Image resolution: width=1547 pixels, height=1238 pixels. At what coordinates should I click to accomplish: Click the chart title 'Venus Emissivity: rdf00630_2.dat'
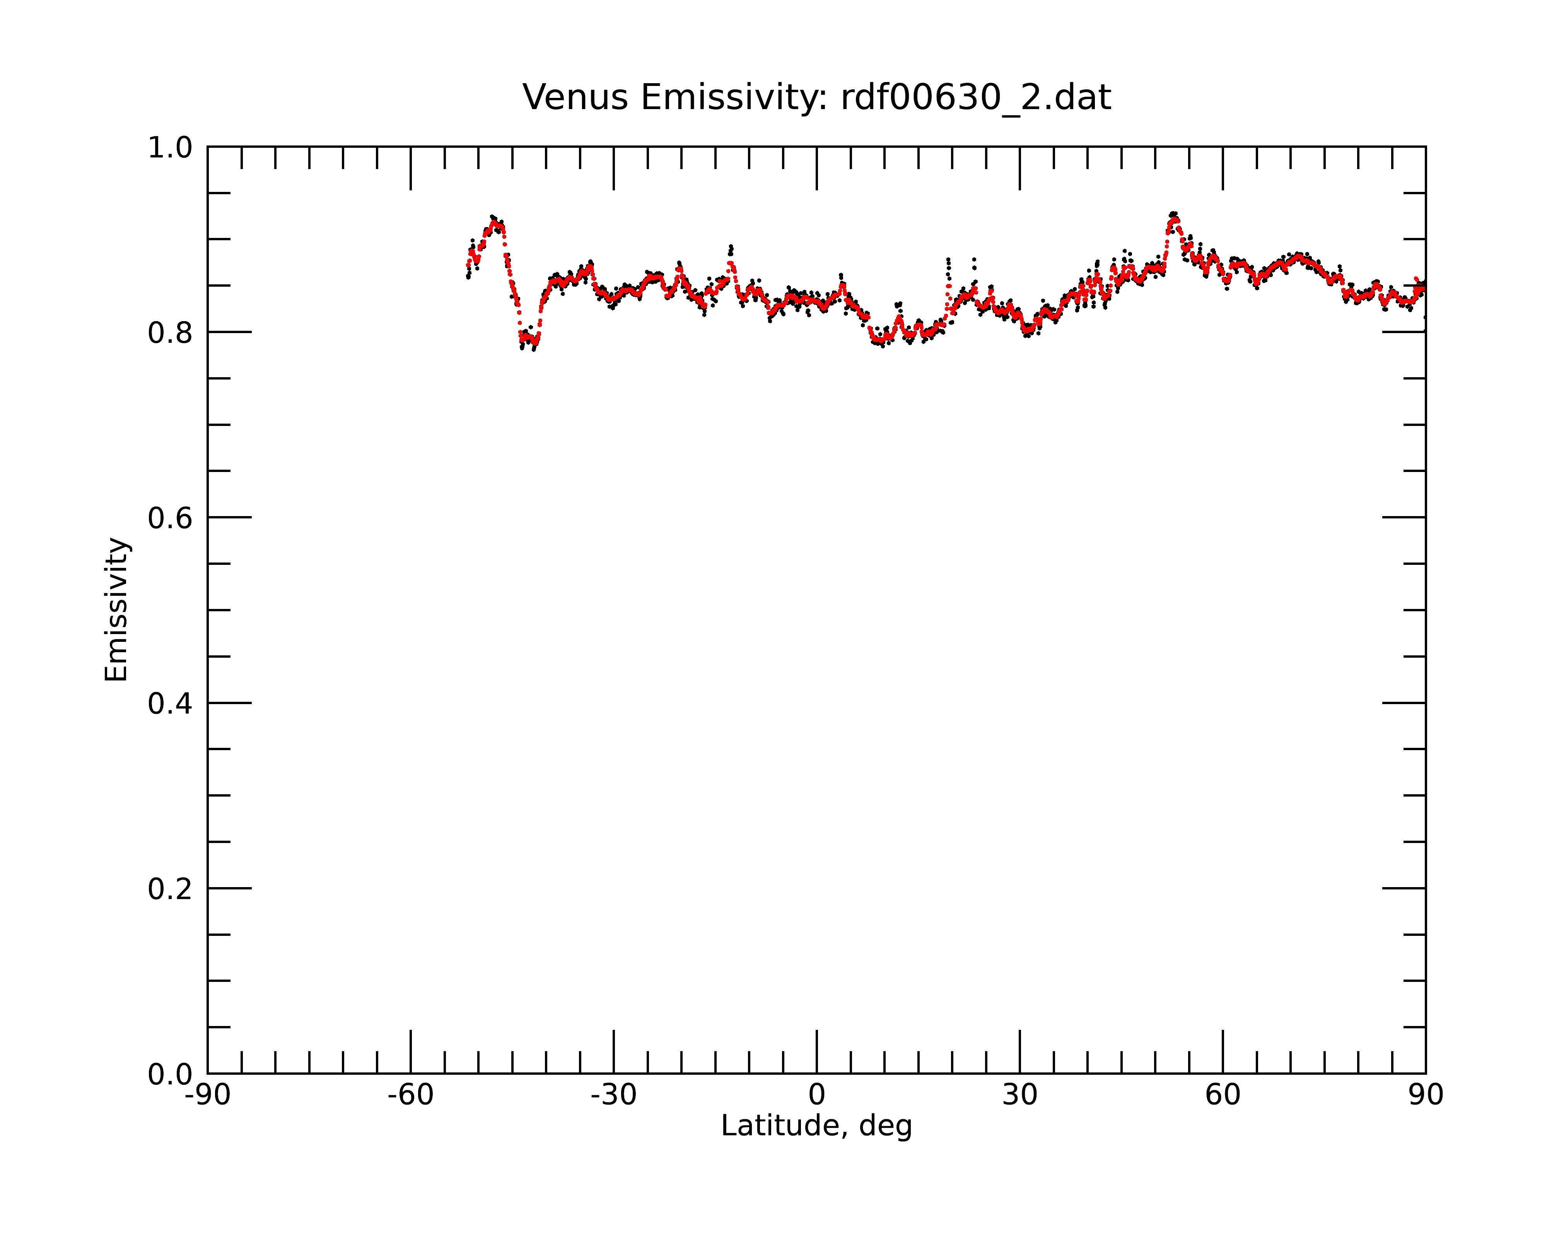816,97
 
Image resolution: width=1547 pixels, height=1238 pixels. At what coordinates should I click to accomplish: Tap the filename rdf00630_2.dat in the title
976,97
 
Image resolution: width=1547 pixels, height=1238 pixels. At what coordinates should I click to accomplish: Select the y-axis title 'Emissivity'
116,609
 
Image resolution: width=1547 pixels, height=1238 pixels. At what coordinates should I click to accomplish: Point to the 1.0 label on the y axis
170,148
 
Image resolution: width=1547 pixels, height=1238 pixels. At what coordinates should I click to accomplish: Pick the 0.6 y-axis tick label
170,518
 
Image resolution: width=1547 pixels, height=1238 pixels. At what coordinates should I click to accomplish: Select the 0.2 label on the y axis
170,889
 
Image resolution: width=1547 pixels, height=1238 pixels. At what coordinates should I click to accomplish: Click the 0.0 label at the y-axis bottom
170,1074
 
